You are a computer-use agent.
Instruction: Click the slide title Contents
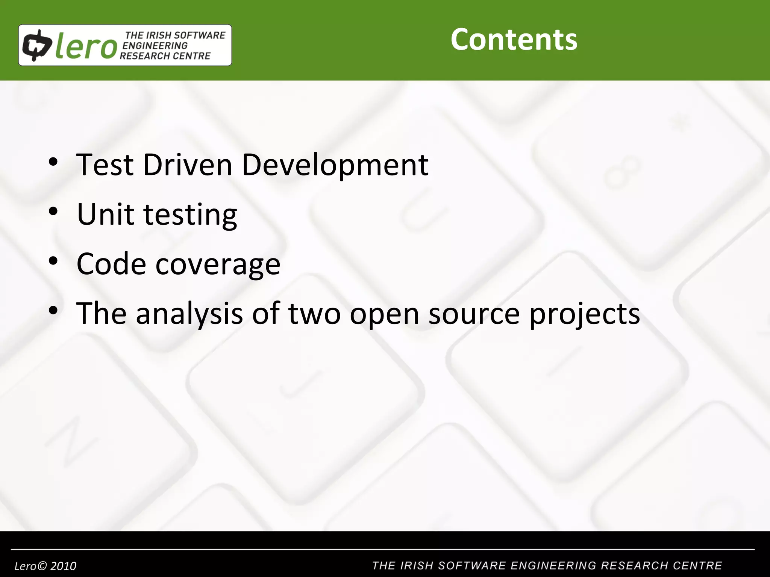[x=514, y=39]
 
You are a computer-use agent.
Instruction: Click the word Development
[x=335, y=165]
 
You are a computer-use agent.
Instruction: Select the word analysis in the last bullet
[x=189, y=314]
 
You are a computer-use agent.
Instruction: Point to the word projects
[x=584, y=315]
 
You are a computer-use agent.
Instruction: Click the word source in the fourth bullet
[x=474, y=314]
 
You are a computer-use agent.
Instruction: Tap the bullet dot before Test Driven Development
[x=53, y=162]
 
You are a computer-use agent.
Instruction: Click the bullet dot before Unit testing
[x=53, y=211]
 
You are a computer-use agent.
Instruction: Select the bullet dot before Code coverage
[x=53, y=261]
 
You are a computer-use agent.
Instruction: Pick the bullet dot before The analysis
[x=53, y=311]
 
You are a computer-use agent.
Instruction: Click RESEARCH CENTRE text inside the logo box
[x=165, y=56]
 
